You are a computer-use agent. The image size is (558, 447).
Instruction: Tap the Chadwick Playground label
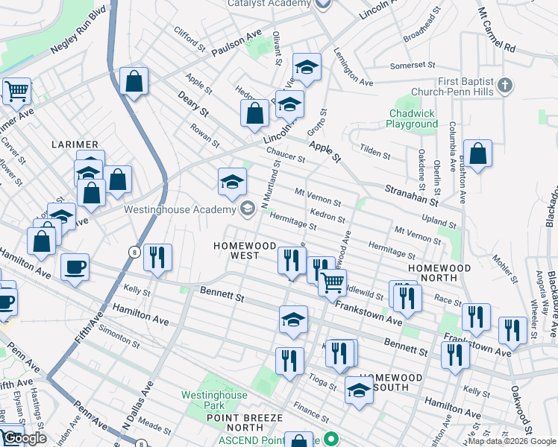(x=412, y=119)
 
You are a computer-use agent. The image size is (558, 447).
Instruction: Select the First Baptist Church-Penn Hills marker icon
(x=504, y=84)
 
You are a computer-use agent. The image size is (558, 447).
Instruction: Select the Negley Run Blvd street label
(x=79, y=35)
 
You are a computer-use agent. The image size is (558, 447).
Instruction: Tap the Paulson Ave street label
(x=236, y=44)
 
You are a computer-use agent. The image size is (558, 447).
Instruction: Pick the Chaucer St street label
(x=286, y=153)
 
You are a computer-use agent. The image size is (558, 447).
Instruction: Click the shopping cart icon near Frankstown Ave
(x=332, y=282)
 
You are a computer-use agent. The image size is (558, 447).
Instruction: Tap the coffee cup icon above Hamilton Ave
(x=75, y=266)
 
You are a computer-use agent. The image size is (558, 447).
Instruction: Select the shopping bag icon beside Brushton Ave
(x=477, y=153)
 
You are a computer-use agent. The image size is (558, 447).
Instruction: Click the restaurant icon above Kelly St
(x=157, y=257)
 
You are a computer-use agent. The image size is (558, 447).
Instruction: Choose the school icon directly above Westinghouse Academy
(x=232, y=181)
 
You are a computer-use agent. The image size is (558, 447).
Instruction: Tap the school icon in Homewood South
(x=359, y=390)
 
